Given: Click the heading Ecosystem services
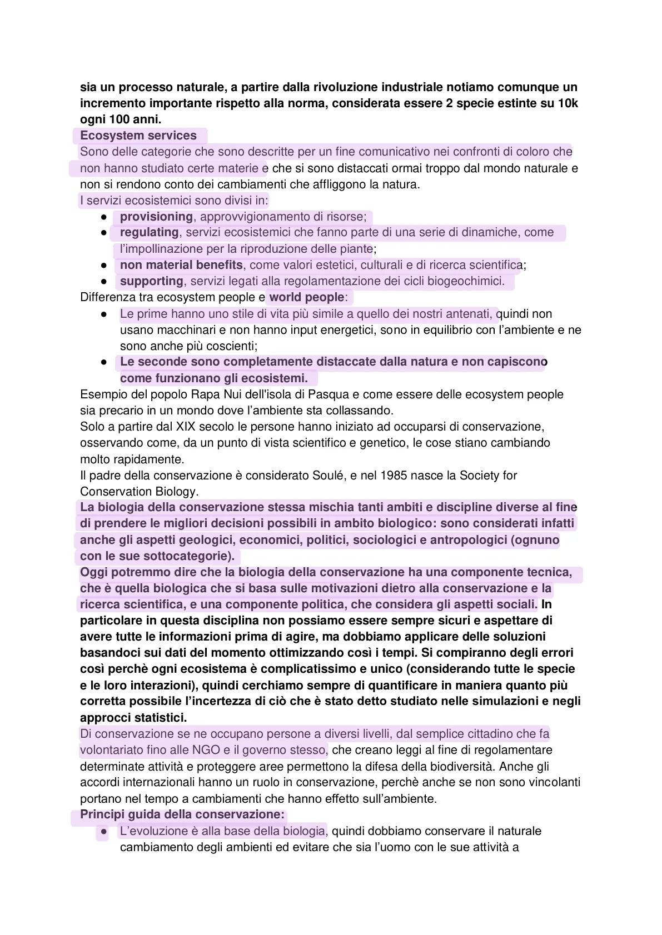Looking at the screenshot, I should (x=138, y=136).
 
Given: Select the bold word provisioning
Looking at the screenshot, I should (x=156, y=217).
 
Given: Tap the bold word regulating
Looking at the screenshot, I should (x=149, y=232).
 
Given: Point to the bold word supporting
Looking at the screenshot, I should (x=151, y=281).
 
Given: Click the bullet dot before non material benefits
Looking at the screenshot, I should (x=104, y=266).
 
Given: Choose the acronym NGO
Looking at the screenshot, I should (x=206, y=750).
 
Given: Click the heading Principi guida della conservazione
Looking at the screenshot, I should (x=182, y=815).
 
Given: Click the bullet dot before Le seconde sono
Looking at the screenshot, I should (x=104, y=362).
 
